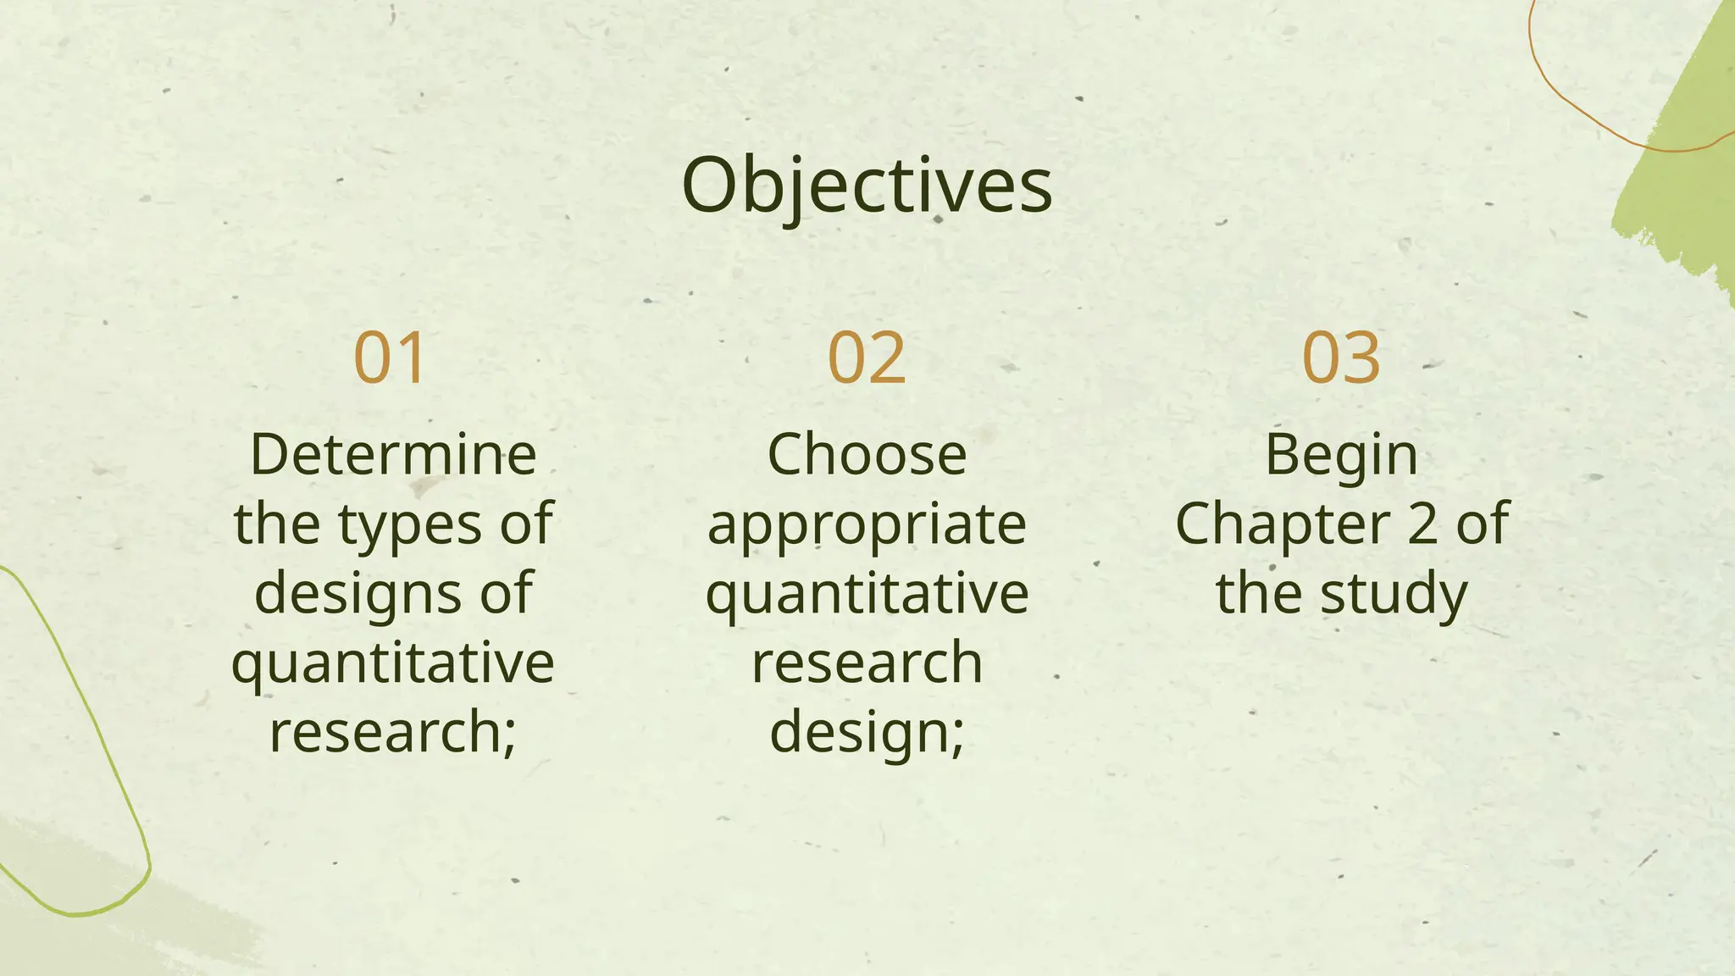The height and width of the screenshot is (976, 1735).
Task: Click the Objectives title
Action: [867, 186]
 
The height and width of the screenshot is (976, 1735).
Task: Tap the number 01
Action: [389, 358]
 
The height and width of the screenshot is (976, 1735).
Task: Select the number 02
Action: [867, 358]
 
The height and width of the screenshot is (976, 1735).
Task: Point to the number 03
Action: [1341, 358]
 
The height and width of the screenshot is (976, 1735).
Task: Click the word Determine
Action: [393, 455]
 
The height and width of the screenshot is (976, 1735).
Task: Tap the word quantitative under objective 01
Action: [393, 663]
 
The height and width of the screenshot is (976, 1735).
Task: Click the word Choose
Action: [867, 455]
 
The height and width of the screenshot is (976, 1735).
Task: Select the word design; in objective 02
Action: [867, 733]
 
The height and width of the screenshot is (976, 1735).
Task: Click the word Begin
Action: [1341, 457]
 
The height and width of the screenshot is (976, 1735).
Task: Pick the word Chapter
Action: [1282, 524]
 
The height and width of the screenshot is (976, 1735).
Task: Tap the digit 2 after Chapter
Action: [1422, 524]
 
